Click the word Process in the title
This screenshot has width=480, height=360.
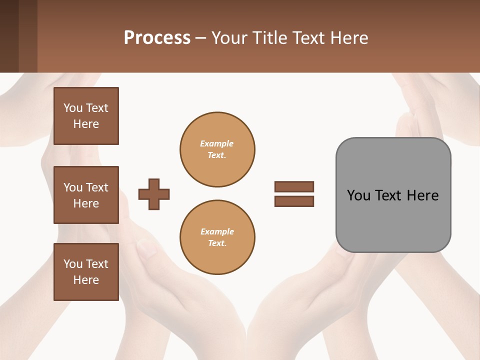click(x=157, y=38)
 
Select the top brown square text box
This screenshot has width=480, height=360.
click(x=86, y=116)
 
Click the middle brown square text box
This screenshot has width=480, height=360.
click(x=86, y=195)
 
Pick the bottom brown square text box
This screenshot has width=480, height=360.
click(x=86, y=272)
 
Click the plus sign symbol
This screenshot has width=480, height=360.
click(x=154, y=194)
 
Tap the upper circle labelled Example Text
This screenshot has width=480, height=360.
click(x=217, y=149)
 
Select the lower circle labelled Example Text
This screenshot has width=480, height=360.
click(x=217, y=237)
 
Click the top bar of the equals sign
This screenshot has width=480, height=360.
click(x=294, y=186)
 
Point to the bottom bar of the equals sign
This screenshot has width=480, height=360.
click(x=294, y=201)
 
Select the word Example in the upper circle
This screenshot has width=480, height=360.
click(x=217, y=143)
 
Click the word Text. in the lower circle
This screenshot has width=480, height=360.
click(x=217, y=243)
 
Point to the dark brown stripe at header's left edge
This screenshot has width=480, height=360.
click(x=9, y=36)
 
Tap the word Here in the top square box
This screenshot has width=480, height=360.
click(x=86, y=124)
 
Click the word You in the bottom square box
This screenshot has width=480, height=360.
click(x=73, y=264)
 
